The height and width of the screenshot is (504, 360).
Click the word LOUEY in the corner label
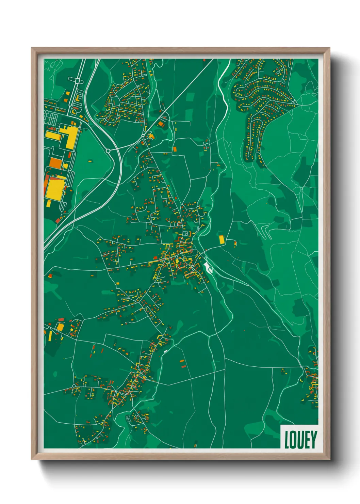tap(300, 440)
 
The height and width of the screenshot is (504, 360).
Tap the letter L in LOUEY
tap(287, 440)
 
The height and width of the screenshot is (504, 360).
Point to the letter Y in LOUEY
tap(313, 440)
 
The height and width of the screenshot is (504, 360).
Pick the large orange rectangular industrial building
tap(55, 163)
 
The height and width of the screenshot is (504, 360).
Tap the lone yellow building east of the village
tap(222, 239)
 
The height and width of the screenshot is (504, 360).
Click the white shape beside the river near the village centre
tap(207, 267)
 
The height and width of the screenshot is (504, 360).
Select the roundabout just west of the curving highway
tap(108, 150)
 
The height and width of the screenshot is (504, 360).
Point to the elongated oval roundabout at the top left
tap(78, 81)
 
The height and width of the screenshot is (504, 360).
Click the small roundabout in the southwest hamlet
tap(74, 386)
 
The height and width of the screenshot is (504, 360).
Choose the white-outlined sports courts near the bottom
tap(129, 419)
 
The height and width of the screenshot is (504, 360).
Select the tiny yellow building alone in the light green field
tap(90, 161)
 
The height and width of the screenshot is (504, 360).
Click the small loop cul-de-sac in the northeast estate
tap(279, 72)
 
